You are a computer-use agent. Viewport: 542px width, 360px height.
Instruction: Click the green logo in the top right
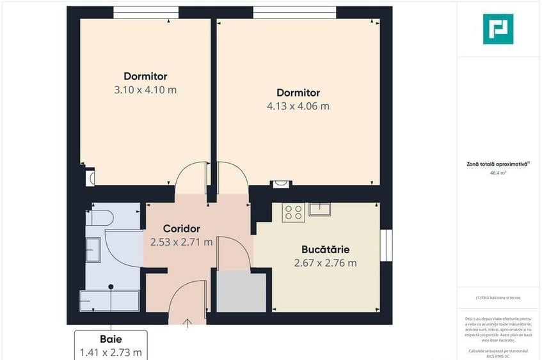(498, 29)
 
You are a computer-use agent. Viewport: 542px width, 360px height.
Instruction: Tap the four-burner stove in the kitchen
(293, 212)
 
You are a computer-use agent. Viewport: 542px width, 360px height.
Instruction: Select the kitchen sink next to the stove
(319, 208)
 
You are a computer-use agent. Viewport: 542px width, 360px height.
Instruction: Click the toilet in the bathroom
(101, 217)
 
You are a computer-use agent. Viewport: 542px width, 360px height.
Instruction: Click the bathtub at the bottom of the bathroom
(109, 301)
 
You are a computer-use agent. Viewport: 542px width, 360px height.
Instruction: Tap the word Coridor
(182, 228)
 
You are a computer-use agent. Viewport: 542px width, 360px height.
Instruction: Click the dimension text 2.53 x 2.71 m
(182, 242)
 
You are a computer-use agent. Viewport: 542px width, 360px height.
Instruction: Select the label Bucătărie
(325, 249)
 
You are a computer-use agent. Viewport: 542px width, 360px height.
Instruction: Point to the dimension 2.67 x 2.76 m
(325, 263)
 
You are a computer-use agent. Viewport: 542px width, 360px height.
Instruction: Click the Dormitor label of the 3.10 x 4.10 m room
(145, 77)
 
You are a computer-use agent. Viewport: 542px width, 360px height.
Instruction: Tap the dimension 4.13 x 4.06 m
(298, 106)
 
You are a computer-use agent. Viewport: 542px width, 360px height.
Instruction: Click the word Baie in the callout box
(111, 339)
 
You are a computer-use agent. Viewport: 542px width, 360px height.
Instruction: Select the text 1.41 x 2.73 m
(111, 352)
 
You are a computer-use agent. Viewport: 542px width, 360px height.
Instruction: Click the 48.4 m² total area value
(498, 172)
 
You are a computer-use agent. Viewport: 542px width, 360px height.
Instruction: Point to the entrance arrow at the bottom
(187, 322)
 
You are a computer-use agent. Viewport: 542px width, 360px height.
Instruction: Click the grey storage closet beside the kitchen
(241, 292)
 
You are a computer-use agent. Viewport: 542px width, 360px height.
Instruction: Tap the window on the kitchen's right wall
(386, 244)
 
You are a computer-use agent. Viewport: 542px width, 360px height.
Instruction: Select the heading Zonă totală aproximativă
(497, 164)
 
